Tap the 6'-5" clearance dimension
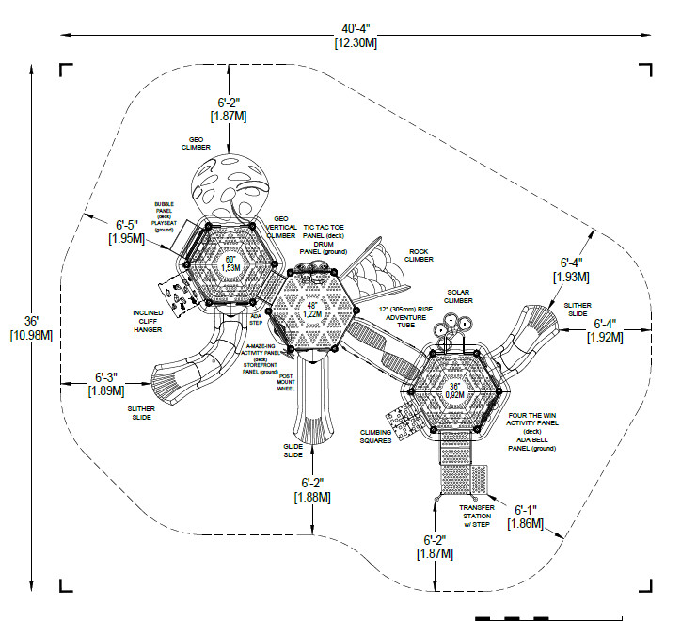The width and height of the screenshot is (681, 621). coord(127,225)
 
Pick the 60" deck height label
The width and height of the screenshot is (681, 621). coord(230,259)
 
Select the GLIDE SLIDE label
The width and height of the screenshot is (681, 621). coord(293,452)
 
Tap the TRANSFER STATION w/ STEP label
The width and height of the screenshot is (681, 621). coord(476,517)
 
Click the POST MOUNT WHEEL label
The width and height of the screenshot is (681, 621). coord(286,383)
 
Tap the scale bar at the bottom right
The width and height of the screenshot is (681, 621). coord(513,617)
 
